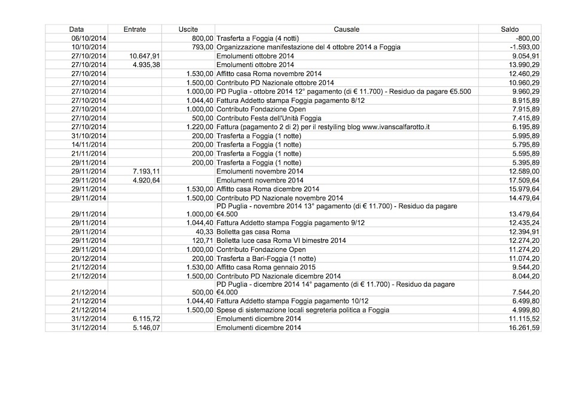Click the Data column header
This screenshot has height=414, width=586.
[76, 29]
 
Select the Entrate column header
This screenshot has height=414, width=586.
[135, 29]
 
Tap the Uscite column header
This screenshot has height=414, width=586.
[188, 29]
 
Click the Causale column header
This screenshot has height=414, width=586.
[346, 29]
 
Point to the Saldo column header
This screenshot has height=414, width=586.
[509, 29]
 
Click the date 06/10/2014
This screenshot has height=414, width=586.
[88, 38]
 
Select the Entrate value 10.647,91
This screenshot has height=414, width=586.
[145, 56]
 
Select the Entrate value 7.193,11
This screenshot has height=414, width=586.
[146, 172]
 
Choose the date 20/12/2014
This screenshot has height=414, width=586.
[88, 258]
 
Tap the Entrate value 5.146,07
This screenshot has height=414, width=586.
[146, 327]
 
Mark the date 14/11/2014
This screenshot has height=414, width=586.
[88, 145]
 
